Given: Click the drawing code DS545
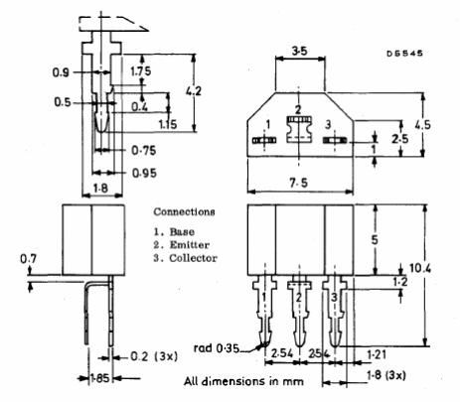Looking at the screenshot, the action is tap(404, 54).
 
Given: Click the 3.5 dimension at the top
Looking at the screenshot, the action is tap(299, 51).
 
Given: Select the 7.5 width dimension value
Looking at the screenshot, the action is tap(298, 183).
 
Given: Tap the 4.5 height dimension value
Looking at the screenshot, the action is tap(422, 125).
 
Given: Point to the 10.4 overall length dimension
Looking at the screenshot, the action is tap(420, 268).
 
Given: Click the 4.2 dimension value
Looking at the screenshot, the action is tap(193, 90).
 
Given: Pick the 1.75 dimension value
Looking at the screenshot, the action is tap(140, 71).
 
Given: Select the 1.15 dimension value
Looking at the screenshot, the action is tap(168, 124).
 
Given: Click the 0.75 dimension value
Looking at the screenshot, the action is tap(144, 151).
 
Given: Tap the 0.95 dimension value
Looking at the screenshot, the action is tap(144, 173).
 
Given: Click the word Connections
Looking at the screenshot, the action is tap(184, 211).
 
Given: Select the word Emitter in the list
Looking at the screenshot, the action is tap(190, 245).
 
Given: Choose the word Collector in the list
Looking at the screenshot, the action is tap(194, 258).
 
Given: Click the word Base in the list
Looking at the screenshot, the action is tap(182, 231).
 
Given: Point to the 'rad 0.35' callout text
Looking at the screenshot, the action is tap(216, 348).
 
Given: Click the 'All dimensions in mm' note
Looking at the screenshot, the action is tap(243, 381).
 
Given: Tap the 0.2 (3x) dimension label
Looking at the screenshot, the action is tap(154, 356).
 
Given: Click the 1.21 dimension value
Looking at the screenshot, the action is tap(377, 354).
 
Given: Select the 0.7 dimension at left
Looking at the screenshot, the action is tap(29, 259).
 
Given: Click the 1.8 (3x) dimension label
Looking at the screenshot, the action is tap(386, 375).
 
